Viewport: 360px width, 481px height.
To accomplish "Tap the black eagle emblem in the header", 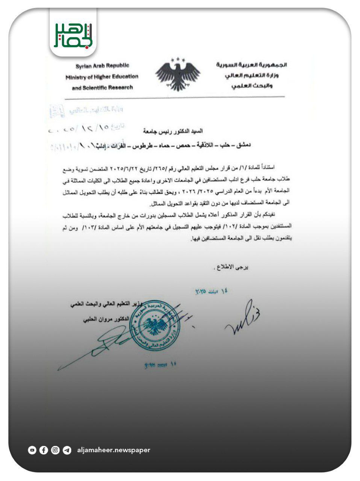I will point(178,74).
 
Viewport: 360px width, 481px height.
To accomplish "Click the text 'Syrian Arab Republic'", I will point(102,66).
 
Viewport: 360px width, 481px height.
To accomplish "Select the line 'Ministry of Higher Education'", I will point(102,77).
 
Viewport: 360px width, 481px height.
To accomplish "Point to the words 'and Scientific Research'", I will point(102,88).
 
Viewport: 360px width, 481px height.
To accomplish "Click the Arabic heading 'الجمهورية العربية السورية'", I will point(251,65).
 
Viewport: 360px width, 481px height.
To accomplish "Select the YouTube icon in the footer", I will point(32,450).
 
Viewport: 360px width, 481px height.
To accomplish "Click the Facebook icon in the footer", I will point(44,450).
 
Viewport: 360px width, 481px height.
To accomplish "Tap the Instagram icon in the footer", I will point(55,450).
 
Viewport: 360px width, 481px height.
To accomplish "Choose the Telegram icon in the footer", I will point(67,450).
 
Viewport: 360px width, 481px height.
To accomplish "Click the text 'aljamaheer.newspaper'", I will point(113,450).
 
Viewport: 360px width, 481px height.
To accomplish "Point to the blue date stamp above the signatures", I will point(211,292).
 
